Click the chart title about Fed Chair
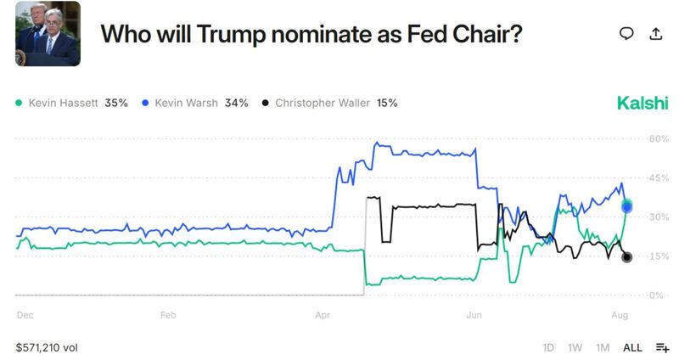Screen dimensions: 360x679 pos(311,34)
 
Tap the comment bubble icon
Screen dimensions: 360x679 pos(626,34)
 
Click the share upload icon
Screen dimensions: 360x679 pos(655,34)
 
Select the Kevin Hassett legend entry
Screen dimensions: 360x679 pos(72,103)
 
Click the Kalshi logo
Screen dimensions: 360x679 pos(643,103)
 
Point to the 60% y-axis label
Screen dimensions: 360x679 pos(659,138)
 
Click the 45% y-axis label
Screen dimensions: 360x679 pos(659,178)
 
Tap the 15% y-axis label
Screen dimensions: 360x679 pos(659,256)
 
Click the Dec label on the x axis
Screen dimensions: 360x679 pos(25,315)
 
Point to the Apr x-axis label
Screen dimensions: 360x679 pos(323,315)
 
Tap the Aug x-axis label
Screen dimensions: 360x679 pos(620,315)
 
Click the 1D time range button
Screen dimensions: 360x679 pos(548,347)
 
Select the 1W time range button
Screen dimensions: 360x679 pos(575,347)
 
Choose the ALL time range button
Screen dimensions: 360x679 pos(632,347)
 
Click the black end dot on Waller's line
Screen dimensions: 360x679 pos(626,257)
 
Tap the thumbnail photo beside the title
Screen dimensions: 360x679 pos(48,34)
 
